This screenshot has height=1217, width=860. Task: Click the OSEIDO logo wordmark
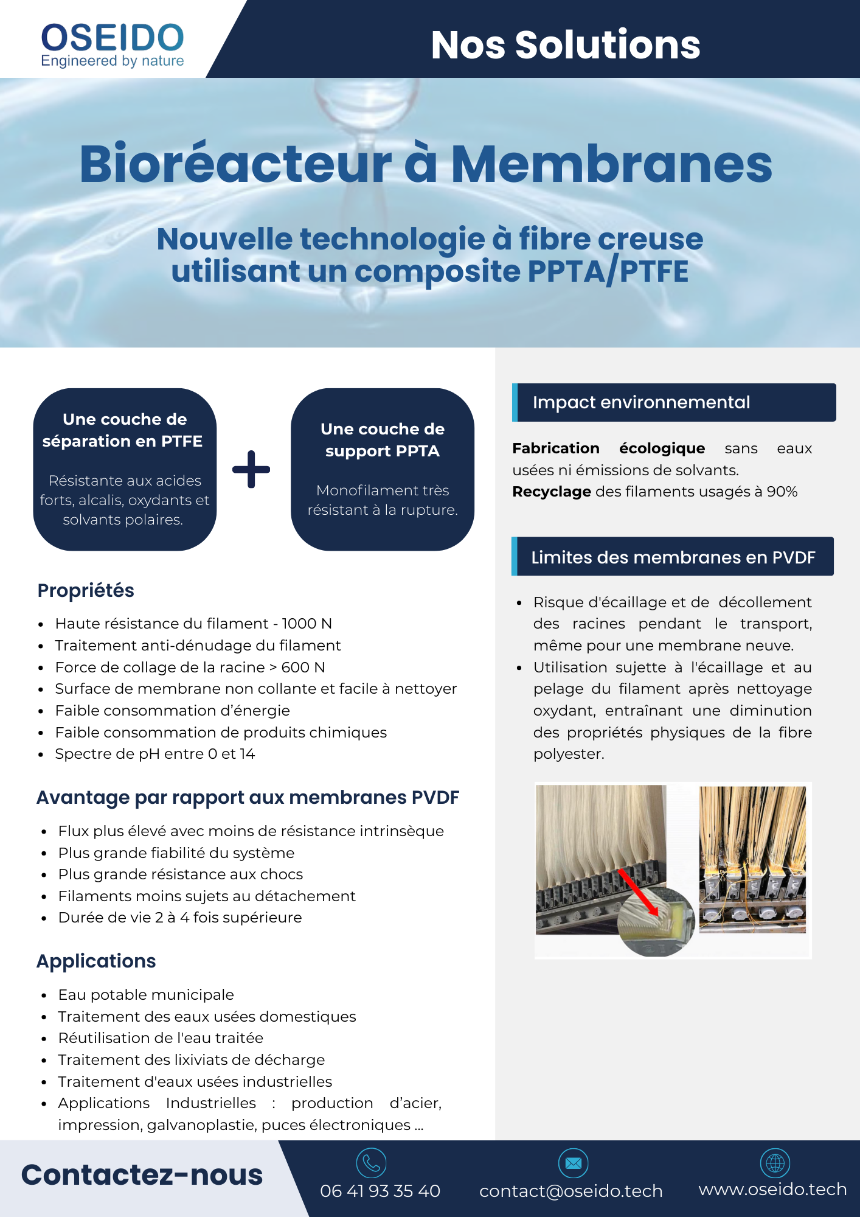click(113, 38)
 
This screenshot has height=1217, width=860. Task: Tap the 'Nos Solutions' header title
click(565, 45)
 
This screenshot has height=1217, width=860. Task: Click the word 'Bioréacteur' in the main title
click(236, 164)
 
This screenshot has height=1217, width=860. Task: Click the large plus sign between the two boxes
click(251, 469)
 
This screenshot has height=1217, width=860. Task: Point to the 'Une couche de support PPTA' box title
click(383, 440)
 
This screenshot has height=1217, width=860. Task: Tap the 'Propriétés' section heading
click(86, 591)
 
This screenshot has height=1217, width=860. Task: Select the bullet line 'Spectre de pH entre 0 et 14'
click(155, 754)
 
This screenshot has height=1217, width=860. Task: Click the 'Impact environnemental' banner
click(674, 402)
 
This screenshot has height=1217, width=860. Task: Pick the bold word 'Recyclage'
click(552, 492)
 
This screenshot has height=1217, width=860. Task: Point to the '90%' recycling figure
click(782, 492)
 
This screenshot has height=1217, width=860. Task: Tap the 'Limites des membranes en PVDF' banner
click(673, 557)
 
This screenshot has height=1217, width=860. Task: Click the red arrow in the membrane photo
click(637, 892)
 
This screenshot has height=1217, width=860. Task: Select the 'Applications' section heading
click(96, 961)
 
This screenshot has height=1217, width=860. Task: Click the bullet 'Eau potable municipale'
click(146, 995)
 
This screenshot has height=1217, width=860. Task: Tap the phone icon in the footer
click(371, 1163)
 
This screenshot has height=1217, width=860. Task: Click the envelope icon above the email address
click(573, 1163)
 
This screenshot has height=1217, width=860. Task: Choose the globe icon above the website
click(775, 1163)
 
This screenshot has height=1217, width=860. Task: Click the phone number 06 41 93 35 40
click(380, 1191)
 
